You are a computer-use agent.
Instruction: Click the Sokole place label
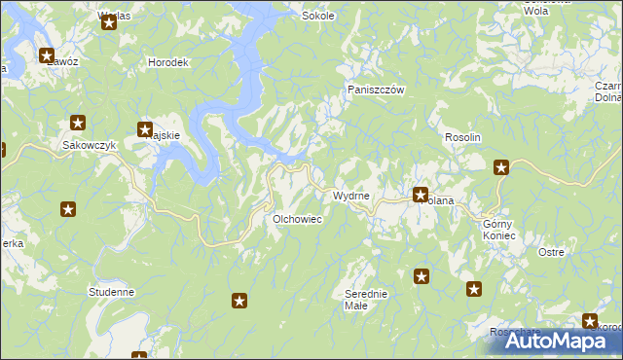pos(318,16)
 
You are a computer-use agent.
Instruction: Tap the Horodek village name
pos(166,62)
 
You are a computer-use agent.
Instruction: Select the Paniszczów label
pos(376,90)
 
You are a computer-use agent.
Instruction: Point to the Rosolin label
pos(463,138)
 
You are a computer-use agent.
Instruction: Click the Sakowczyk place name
pos(89,145)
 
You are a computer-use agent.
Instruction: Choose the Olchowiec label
pos(297,219)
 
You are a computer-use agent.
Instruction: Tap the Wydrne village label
pos(350,196)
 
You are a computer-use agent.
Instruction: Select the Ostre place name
pos(551,252)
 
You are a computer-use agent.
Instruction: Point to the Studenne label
pos(110,291)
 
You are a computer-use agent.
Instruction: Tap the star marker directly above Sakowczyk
pos(78,124)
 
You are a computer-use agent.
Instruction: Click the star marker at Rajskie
pos(145,128)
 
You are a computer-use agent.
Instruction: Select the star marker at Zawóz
pos(46,55)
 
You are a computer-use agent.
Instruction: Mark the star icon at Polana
pos(421,194)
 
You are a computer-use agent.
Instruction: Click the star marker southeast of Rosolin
pos(501,167)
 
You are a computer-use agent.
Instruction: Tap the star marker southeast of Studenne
pos(239,302)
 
